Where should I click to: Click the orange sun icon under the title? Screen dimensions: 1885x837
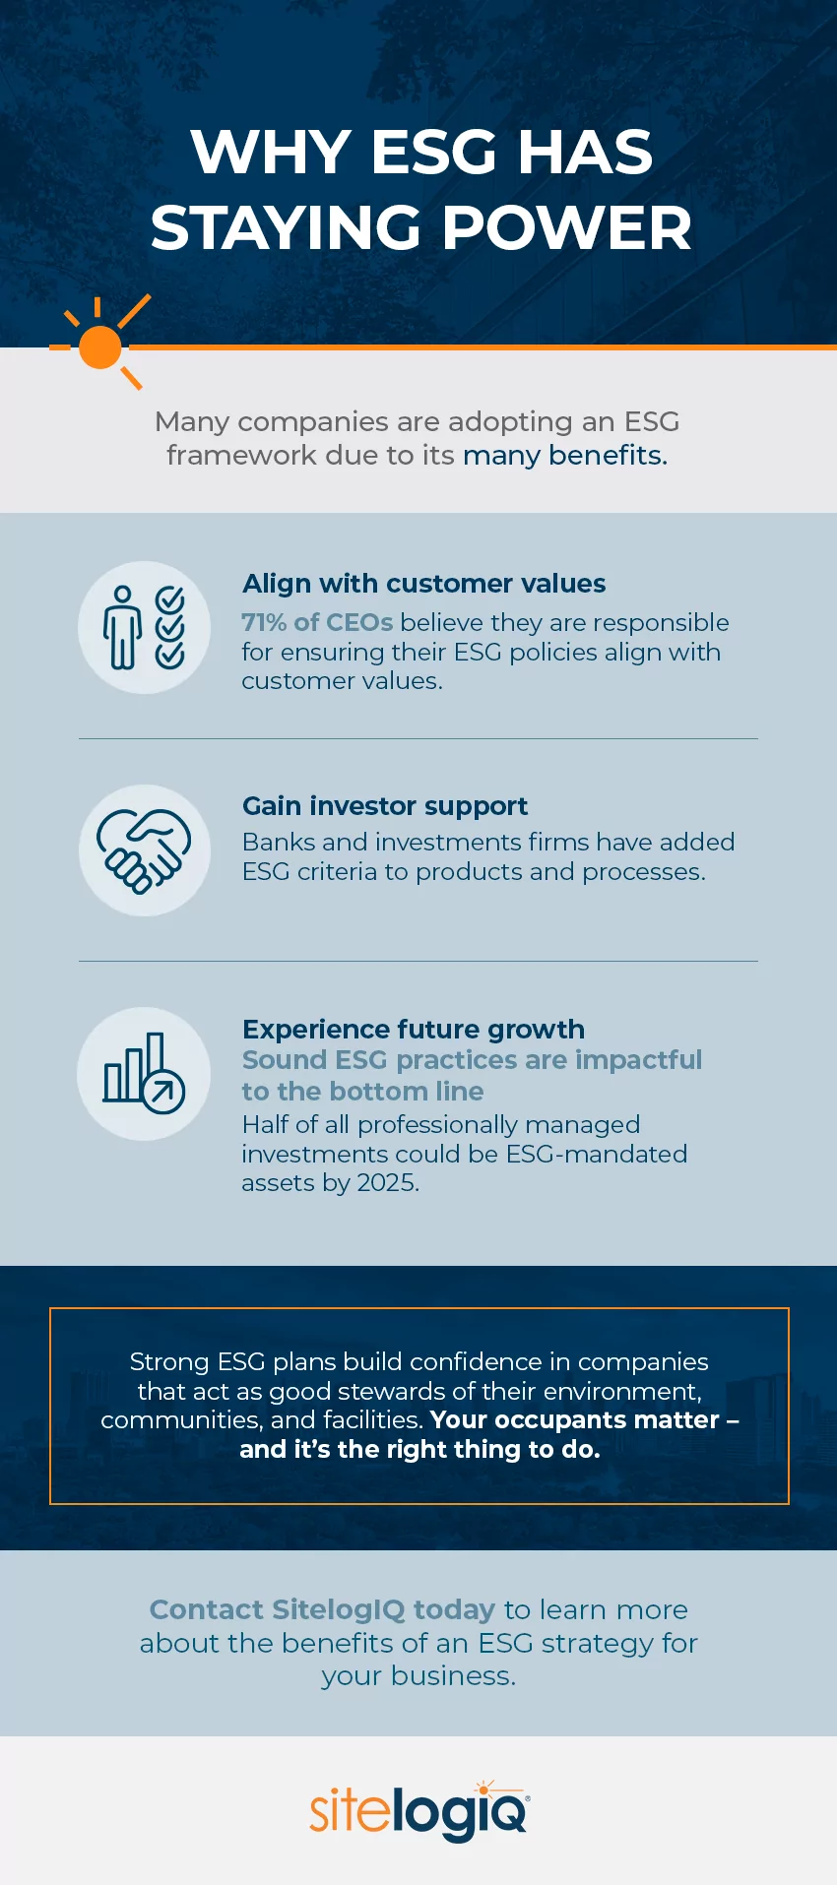[100, 346]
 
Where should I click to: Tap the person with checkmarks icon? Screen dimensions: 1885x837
[144, 627]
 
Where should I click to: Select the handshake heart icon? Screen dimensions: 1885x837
[144, 849]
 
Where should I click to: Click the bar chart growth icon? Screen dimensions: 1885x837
[144, 1073]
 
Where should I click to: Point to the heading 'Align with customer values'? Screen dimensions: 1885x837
[423, 584]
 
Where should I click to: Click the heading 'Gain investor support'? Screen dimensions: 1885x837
[385, 806]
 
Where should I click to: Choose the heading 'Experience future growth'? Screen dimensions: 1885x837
[414, 1030]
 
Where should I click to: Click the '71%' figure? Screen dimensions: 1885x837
[264, 623]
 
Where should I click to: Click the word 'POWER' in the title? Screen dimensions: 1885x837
[567, 228]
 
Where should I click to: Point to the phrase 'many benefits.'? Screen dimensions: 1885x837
[565, 456]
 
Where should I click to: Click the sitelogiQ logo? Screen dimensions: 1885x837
[418, 1811]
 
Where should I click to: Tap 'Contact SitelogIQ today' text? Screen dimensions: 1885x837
[322, 1609]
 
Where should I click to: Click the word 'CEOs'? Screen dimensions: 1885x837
[358, 623]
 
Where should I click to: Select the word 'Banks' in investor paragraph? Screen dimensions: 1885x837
[278, 843]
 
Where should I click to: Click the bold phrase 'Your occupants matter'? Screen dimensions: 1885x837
[575, 1419]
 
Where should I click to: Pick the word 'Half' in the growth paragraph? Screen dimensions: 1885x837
[265, 1124]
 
